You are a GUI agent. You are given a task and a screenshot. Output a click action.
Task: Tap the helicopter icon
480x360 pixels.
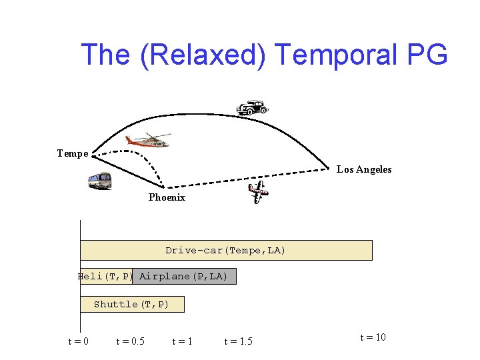click(x=147, y=140)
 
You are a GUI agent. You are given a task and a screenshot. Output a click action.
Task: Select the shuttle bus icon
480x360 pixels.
click(x=100, y=181)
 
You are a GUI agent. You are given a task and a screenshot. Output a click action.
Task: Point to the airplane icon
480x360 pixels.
click(x=257, y=192)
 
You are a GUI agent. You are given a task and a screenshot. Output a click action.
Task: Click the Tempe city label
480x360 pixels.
click(x=73, y=154)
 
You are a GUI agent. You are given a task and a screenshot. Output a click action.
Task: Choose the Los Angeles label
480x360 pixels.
click(x=364, y=170)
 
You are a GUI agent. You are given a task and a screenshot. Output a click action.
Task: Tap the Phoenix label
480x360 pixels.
click(x=167, y=198)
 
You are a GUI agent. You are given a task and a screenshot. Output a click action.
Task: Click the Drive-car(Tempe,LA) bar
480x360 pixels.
click(x=225, y=251)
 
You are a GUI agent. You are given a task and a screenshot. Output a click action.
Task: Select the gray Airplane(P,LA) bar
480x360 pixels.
click(x=184, y=276)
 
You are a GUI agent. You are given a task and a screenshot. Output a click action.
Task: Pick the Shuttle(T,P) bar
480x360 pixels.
click(x=131, y=305)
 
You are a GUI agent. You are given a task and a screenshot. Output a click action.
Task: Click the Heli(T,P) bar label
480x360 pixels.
click(x=105, y=276)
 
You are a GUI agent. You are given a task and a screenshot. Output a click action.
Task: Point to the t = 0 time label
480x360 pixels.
click(x=79, y=341)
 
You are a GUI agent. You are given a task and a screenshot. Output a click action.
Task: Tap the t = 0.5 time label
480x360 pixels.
click(x=130, y=341)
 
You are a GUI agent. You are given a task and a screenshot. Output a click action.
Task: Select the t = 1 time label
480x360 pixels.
click(x=182, y=341)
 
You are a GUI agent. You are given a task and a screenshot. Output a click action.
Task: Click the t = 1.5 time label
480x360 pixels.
click(x=238, y=341)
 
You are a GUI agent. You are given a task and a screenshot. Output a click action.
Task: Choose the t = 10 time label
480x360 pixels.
click(x=373, y=337)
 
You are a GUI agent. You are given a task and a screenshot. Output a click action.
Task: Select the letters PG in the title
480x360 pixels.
click(x=426, y=55)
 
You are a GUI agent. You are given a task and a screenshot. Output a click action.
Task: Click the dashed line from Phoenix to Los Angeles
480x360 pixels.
click(x=253, y=177)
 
